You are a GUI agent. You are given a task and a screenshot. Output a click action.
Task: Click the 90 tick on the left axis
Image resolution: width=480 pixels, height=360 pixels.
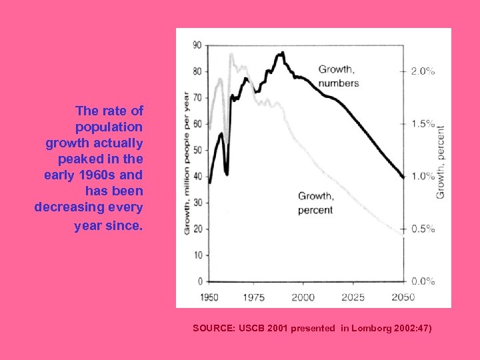click(197, 45)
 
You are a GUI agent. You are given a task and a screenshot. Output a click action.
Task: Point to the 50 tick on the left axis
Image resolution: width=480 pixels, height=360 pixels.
click(197, 150)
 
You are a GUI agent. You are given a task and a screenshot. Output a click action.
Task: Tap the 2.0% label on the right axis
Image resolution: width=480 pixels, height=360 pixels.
click(423, 71)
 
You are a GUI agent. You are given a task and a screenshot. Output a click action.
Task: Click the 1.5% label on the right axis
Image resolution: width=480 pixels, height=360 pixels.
click(423, 124)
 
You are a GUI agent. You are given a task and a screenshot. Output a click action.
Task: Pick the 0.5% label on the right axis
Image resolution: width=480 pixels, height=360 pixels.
click(423, 229)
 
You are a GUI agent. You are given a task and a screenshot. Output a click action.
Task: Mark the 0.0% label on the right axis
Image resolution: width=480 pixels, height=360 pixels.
click(423, 281)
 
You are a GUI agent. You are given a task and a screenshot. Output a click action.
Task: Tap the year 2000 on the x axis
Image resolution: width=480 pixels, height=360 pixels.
click(303, 297)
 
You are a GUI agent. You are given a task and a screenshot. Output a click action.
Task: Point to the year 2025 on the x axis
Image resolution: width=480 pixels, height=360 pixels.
click(353, 297)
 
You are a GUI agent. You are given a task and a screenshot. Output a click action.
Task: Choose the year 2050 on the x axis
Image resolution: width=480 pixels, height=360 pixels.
click(402, 297)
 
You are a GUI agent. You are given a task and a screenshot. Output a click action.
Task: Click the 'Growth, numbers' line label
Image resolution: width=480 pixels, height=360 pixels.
click(338, 76)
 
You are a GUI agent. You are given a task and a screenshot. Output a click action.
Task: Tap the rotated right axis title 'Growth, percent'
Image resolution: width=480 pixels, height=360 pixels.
click(441, 162)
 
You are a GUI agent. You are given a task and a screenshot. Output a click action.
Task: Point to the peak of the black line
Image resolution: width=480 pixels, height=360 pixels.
click(283, 53)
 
